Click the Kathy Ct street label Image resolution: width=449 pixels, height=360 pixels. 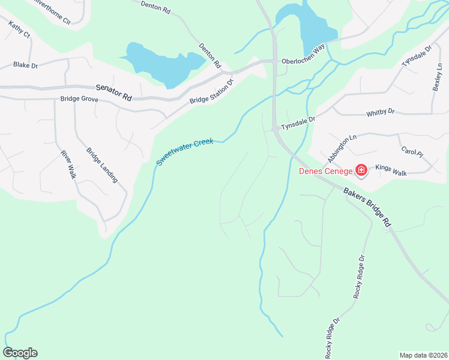tap(20, 31)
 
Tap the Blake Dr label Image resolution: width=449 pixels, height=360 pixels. tap(26, 64)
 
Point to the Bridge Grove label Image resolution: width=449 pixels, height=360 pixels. tap(79, 99)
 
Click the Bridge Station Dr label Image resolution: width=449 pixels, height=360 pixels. tap(211, 92)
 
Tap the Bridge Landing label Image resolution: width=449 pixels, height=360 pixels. tap(102, 165)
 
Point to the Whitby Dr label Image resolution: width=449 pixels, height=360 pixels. tap(381, 112)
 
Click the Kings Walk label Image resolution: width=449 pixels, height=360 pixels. tap(391, 170)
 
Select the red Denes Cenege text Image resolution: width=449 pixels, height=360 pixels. tap(326, 172)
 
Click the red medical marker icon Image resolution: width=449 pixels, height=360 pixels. tap(361, 172)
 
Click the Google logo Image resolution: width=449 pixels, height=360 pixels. tap(20, 353)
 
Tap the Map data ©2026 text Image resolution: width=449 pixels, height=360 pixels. tap(423, 355)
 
